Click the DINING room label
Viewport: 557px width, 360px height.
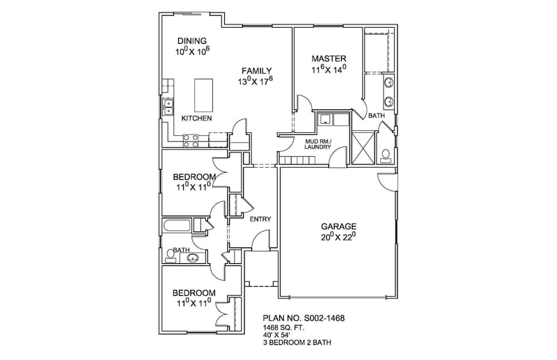(x=193, y=40)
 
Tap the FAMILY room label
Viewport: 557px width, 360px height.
(x=256, y=70)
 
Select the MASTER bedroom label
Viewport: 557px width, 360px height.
(x=329, y=58)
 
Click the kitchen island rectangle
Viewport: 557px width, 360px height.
(x=204, y=95)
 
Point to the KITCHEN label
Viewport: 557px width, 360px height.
(x=196, y=119)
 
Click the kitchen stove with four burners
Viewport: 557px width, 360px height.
(x=192, y=139)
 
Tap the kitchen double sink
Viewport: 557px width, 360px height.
(x=168, y=107)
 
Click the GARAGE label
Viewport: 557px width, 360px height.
(x=338, y=226)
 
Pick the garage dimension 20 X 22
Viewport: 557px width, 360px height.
(x=338, y=237)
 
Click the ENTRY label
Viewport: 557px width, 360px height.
(x=260, y=219)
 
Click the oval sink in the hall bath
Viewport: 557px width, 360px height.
(x=192, y=259)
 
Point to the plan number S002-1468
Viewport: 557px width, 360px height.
(x=304, y=318)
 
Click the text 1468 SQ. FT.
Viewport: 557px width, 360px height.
(x=285, y=327)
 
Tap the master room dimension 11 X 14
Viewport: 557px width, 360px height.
(x=329, y=70)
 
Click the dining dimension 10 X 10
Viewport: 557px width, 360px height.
(x=193, y=52)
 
